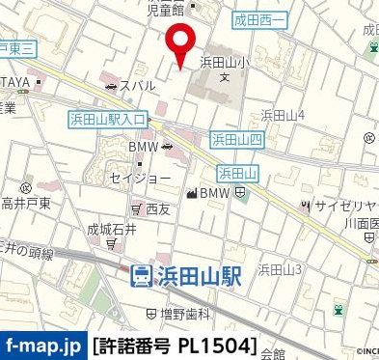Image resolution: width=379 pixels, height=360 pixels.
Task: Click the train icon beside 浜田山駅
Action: coord(141,275)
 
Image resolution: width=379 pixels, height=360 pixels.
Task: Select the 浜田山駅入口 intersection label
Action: coord(107,119)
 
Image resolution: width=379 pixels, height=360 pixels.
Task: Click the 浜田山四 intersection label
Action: coord(236,140)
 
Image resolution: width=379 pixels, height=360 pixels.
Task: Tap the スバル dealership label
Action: coord(141,86)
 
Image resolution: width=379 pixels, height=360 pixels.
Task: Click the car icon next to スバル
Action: coord(113,86)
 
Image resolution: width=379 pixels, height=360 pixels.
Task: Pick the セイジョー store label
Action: coord(140,179)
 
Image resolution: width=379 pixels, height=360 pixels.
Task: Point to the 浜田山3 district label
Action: coord(280,269)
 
